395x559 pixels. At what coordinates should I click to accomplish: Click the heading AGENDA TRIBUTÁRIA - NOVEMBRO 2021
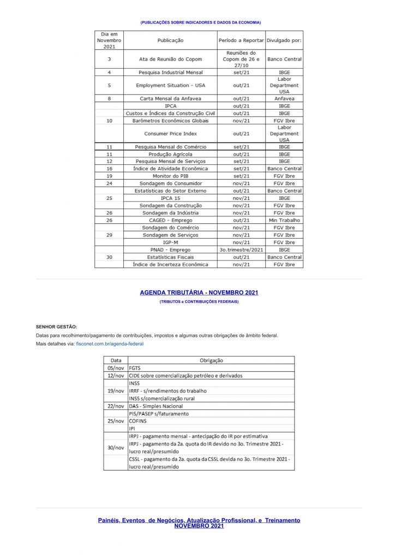click(x=199, y=293)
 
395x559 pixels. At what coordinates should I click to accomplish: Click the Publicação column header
click(x=170, y=40)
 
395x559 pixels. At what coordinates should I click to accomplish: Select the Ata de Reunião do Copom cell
click(x=170, y=59)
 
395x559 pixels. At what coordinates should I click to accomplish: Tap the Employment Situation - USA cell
click(x=170, y=85)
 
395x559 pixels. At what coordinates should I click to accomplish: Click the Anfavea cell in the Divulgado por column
click(x=284, y=99)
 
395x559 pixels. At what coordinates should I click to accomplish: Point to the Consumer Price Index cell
click(x=170, y=133)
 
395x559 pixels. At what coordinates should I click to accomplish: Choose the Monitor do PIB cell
click(x=170, y=176)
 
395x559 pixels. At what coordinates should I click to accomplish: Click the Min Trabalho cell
click(x=284, y=220)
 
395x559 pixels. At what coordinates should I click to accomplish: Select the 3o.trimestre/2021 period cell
click(x=241, y=249)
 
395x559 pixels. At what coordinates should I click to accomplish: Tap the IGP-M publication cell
click(x=170, y=242)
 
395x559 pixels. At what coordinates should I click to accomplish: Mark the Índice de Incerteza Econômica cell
click(x=170, y=264)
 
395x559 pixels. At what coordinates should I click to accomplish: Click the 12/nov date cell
click(x=116, y=376)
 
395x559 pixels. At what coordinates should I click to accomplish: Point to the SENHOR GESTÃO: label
click(x=56, y=326)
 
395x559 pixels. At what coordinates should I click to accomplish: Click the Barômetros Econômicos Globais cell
click(x=170, y=121)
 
